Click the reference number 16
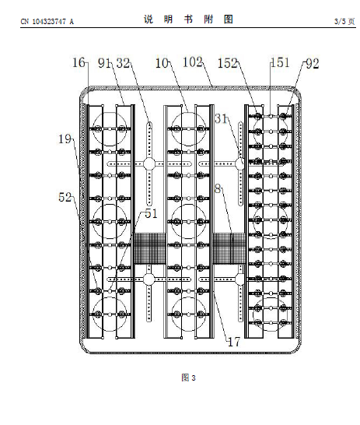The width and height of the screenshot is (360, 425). point(79,62)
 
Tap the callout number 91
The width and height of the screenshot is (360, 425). point(104,63)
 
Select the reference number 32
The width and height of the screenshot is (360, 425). point(123,63)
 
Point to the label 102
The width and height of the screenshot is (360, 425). point(193,62)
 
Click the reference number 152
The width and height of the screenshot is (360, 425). point(227,63)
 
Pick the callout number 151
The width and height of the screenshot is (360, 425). point(280,62)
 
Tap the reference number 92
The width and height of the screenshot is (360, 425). point(313,64)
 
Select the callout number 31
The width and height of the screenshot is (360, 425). point(221,118)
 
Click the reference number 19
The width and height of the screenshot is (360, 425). point(65,139)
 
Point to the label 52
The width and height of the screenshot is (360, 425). point(65,197)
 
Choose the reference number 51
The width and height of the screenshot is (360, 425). point(151,213)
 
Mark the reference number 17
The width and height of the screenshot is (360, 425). point(234,342)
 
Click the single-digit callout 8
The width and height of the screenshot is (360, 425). point(218,189)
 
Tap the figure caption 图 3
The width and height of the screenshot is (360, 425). point(188,378)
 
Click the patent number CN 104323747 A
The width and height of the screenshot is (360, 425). point(47,22)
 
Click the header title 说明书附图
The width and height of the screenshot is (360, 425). point(188,19)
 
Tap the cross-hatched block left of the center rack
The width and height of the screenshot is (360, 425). point(150,248)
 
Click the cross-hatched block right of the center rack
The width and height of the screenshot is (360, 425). point(229,248)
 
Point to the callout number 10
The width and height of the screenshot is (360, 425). point(162,63)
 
